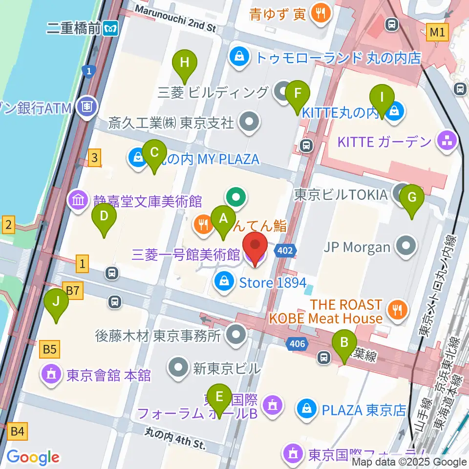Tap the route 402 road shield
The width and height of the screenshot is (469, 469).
click(x=286, y=251)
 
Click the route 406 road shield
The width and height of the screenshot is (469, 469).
click(x=297, y=344)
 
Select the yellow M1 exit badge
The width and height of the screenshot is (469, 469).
click(x=437, y=33)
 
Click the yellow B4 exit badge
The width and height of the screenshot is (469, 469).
click(x=17, y=431)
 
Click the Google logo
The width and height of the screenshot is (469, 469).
click(x=33, y=457)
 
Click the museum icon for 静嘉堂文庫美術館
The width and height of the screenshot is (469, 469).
click(x=79, y=200)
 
